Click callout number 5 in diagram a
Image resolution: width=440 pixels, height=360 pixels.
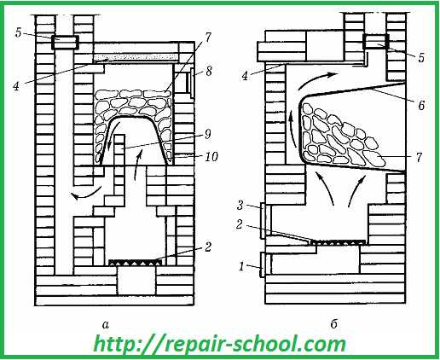point(19,32)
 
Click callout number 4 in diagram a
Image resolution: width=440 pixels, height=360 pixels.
point(16,86)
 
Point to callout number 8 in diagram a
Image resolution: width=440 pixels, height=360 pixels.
point(209,71)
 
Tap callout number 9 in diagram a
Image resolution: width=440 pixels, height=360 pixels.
point(208,134)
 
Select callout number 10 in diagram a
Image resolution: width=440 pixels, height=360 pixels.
point(211,156)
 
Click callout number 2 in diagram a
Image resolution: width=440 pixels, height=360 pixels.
point(208,247)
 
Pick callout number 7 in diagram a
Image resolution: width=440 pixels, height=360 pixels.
point(208,38)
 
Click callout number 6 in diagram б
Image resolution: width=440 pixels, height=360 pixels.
point(421,106)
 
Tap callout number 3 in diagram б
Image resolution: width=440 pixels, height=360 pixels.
point(240,205)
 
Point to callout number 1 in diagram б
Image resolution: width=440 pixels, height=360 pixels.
point(241,267)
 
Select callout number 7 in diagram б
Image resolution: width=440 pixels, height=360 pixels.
point(420,157)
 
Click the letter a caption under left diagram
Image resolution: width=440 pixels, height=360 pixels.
point(106,324)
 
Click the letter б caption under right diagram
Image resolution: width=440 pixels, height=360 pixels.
point(334,323)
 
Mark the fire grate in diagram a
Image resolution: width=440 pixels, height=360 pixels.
point(136,263)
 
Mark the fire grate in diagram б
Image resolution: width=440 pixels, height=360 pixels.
point(339,242)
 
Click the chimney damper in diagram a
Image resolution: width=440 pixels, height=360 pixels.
point(65,43)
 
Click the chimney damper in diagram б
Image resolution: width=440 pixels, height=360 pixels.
point(375,42)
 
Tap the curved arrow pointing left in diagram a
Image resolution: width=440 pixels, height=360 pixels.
point(86,195)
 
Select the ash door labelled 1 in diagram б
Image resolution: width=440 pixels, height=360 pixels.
point(263,264)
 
